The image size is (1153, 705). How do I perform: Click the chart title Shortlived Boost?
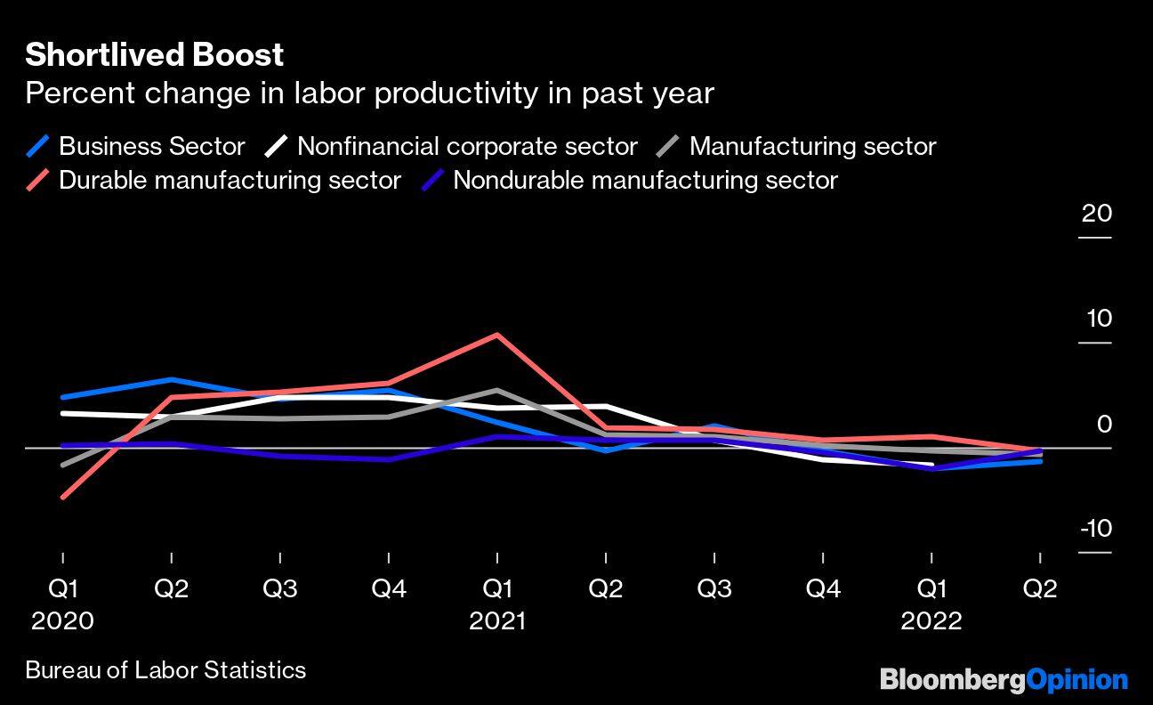click(154, 55)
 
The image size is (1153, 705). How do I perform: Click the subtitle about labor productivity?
click(369, 93)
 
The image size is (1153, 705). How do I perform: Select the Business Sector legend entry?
click(151, 146)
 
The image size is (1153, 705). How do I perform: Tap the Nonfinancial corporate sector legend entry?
click(466, 146)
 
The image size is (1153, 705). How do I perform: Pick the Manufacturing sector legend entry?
click(811, 146)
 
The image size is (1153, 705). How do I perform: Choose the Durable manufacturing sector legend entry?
click(229, 180)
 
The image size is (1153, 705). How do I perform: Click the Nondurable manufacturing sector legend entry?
click(644, 180)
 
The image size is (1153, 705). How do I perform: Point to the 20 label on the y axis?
click(1097, 214)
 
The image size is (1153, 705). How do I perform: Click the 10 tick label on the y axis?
click(1097, 319)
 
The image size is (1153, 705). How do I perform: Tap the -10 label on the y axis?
click(1095, 529)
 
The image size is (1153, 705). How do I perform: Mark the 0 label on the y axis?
click(1103, 424)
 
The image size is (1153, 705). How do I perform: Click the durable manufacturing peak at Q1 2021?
click(496, 335)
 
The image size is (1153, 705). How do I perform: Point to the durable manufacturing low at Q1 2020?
click(62, 497)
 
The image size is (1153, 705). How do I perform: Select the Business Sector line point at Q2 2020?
click(171, 380)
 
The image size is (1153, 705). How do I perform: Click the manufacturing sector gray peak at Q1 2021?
click(496, 390)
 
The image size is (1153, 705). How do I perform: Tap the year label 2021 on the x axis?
click(496, 620)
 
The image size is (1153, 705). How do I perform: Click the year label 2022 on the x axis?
click(931, 620)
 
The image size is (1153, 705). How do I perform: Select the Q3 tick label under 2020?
click(279, 589)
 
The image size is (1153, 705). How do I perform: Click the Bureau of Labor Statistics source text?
click(165, 670)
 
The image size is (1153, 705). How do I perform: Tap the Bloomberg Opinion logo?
click(1004, 681)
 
